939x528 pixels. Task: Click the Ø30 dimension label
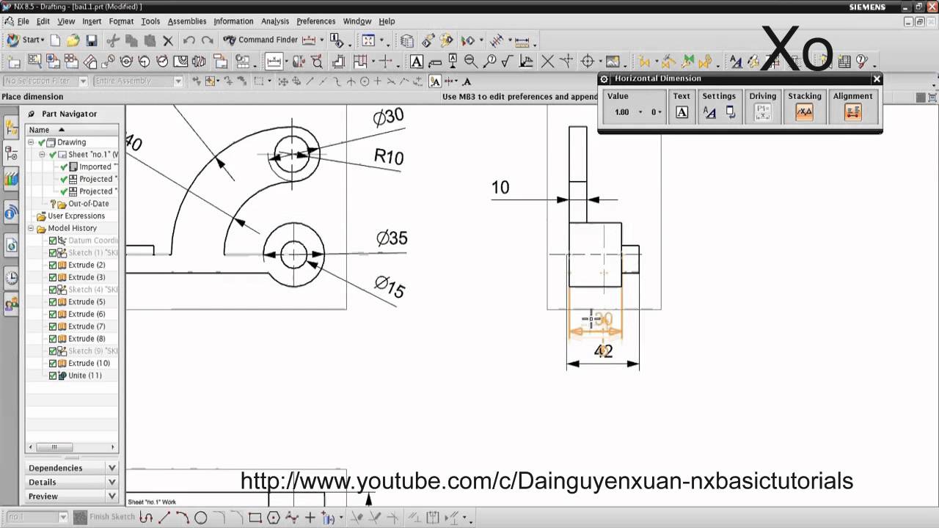click(x=389, y=117)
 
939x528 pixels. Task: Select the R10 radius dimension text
click(x=389, y=156)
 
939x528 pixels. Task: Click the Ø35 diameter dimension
click(x=392, y=238)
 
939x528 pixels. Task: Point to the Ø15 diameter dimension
click(x=390, y=286)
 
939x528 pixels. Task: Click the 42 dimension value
click(x=603, y=351)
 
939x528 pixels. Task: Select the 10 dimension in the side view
click(x=500, y=188)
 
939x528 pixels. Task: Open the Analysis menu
click(x=275, y=21)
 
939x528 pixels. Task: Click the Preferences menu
click(x=315, y=21)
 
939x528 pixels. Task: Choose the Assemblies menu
click(x=187, y=21)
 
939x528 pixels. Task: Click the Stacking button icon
click(x=805, y=112)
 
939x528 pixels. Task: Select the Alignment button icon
click(x=852, y=112)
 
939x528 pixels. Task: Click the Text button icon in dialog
click(x=682, y=112)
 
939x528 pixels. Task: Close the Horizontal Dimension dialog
click(x=877, y=79)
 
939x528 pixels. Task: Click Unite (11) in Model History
click(x=84, y=375)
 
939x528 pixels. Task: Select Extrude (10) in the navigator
click(x=89, y=363)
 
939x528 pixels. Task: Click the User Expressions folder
click(x=76, y=216)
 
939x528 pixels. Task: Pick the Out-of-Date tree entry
click(x=88, y=204)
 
